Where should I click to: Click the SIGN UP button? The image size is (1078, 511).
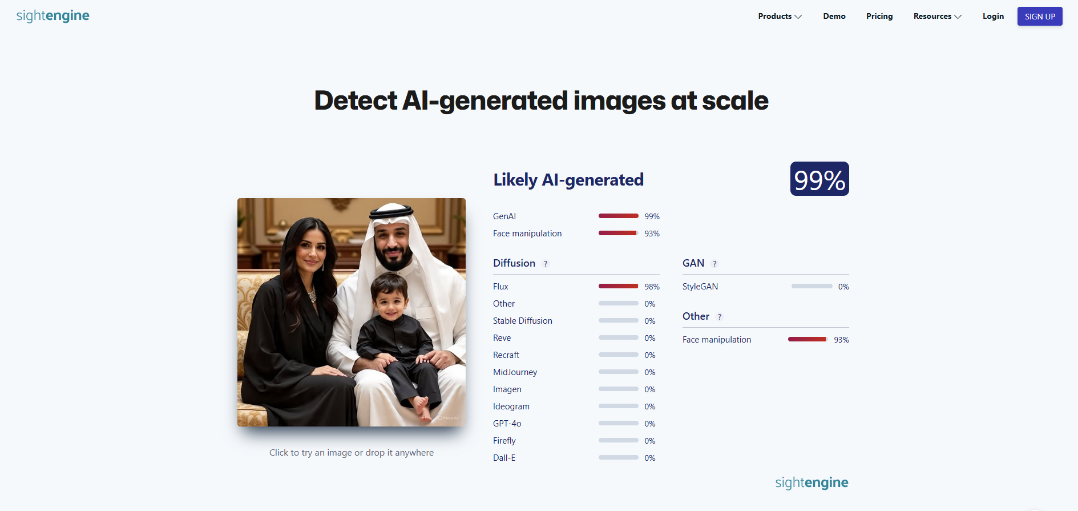coord(1040,17)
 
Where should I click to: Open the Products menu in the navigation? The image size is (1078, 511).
coord(780,17)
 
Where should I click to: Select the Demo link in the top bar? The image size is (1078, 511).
coord(834,17)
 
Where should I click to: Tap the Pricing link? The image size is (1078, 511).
coord(879,17)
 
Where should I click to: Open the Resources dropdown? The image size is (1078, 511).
coord(937,17)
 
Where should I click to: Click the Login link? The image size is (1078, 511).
coord(993,17)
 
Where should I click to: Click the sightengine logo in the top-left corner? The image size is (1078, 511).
coord(53,16)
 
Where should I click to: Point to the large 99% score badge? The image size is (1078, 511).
coord(819,179)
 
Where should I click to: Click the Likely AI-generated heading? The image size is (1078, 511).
coord(568,180)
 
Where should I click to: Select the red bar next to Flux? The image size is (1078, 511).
coord(618,286)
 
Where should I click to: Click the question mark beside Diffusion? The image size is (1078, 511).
coord(546,264)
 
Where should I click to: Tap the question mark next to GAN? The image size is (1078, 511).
coord(714,264)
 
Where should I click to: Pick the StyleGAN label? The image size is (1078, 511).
coord(700,287)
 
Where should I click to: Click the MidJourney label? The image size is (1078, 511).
coord(515,372)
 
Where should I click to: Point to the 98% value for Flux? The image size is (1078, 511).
coord(652,287)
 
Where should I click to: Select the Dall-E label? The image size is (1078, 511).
coord(504,458)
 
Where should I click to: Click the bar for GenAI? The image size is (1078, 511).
coord(618,216)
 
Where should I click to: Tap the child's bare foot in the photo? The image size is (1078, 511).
coord(422,408)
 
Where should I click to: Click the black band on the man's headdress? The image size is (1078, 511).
coord(391,214)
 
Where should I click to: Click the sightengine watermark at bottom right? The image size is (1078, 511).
coord(811,483)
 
